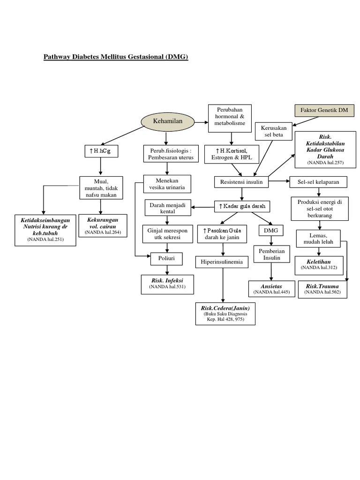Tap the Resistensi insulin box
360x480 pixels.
click(x=241, y=181)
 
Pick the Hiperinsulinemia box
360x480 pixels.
click(x=222, y=262)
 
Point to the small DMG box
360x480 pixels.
click(x=270, y=231)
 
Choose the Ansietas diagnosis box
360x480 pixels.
click(x=272, y=288)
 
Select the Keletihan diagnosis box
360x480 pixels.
click(x=319, y=265)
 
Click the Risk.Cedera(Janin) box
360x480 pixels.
click(x=225, y=314)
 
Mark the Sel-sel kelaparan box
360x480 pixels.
click(x=319, y=181)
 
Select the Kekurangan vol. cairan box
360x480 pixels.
click(x=103, y=225)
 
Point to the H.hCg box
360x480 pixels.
click(x=99, y=151)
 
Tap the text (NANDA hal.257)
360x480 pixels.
click(x=325, y=162)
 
